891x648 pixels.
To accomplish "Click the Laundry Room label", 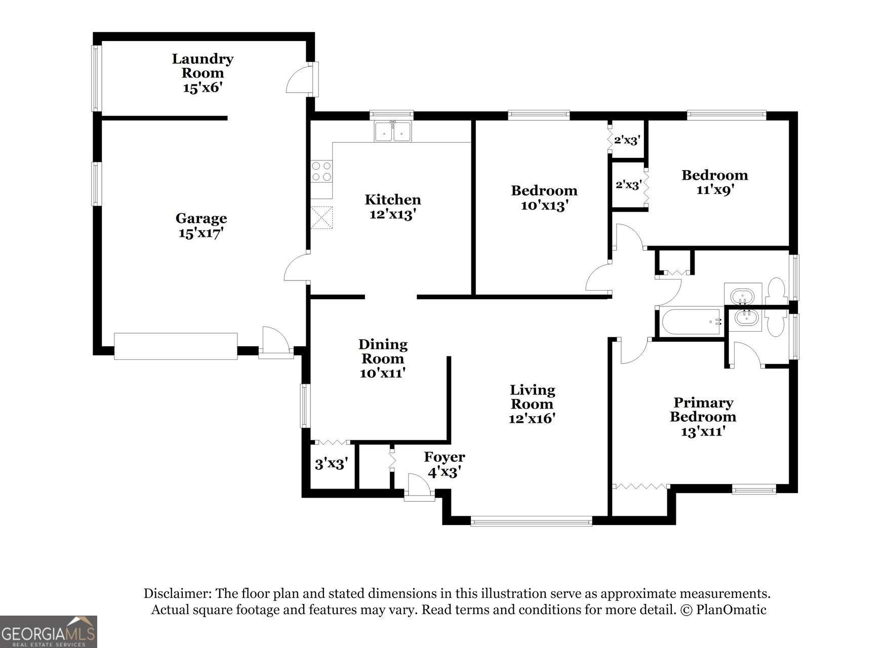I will coord(202,66).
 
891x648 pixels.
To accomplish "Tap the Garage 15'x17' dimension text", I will coord(201,233).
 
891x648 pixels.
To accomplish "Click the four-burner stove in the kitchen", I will coord(321,171).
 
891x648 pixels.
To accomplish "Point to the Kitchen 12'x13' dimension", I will coord(393,214).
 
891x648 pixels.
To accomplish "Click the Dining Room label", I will coord(383,351).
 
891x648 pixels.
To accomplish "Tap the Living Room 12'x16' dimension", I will coord(532,419).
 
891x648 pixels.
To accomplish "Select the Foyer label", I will coord(444,457).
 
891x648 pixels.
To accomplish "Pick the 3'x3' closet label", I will coord(331,464).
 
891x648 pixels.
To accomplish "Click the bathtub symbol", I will coord(691,322).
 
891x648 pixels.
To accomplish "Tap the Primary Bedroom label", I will coord(703,410).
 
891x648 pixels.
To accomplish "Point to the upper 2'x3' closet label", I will coord(627,140).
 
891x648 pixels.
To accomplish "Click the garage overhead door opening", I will coord(176,346).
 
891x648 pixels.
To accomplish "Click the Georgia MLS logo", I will coord(48,631).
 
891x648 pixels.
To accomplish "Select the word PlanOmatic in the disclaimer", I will coord(731,610).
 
